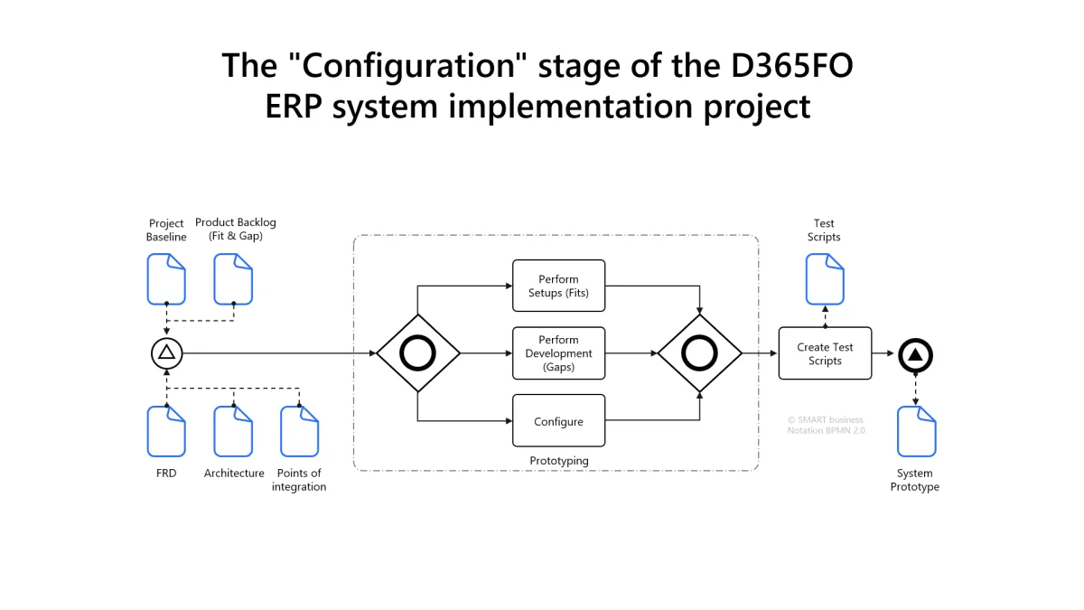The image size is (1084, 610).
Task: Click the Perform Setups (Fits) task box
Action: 558,286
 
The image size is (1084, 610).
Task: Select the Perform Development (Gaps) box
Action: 558,353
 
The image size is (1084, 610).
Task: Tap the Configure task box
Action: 558,421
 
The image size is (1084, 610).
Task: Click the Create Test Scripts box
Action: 825,353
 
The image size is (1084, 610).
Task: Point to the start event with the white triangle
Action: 166,353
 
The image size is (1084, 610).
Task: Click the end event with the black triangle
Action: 915,354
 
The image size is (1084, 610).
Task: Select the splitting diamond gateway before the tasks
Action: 418,353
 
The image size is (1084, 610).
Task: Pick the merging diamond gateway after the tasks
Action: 700,353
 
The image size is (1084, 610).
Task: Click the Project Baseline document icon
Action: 166,278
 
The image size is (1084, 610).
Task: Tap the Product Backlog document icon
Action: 233,278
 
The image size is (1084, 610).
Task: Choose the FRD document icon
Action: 166,431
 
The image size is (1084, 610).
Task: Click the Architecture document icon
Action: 233,431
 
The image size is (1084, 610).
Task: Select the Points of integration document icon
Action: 299,431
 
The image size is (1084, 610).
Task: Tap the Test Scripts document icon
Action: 825,278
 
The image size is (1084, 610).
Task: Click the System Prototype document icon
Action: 916,431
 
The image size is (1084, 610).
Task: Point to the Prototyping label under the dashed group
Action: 558,461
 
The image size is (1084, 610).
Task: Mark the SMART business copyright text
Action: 826,419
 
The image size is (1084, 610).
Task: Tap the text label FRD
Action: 166,474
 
